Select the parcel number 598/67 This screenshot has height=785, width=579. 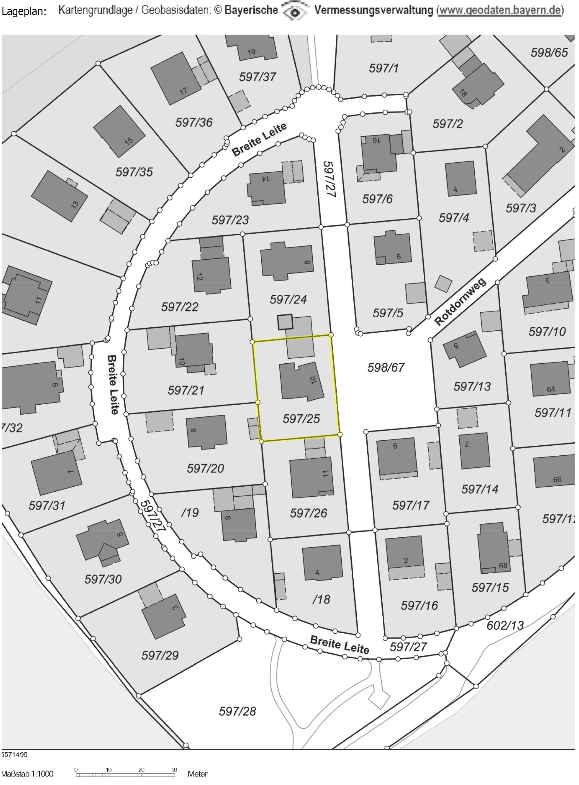click(x=386, y=367)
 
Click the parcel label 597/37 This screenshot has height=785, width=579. click(x=258, y=77)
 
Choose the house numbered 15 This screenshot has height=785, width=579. click(x=119, y=131)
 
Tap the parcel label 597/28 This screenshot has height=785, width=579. click(x=237, y=711)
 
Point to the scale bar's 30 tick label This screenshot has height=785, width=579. click(x=174, y=770)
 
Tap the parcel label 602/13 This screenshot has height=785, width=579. click(x=505, y=625)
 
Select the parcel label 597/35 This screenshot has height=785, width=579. click(x=134, y=172)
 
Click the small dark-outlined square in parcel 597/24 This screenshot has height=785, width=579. click(x=285, y=322)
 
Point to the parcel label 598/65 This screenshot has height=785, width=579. click(x=549, y=53)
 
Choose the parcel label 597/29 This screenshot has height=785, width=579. click(x=160, y=655)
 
